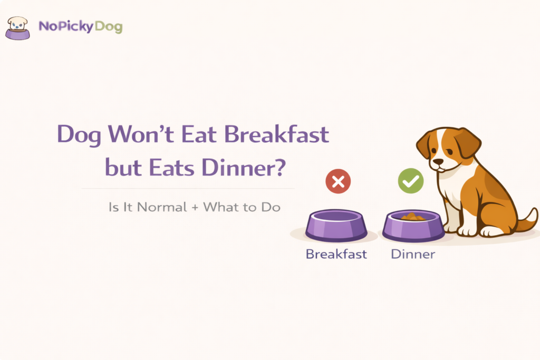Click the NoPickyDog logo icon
tap(17, 28)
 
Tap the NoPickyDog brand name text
tap(81, 26)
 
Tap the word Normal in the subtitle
tap(162, 207)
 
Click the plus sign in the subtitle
tap(195, 207)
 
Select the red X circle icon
tap(338, 182)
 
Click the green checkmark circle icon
tap(410, 182)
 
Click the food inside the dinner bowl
tap(413, 217)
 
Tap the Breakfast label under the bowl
tap(336, 254)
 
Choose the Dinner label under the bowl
tap(413, 254)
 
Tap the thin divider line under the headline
tap(188, 188)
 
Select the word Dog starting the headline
tap(79, 135)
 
